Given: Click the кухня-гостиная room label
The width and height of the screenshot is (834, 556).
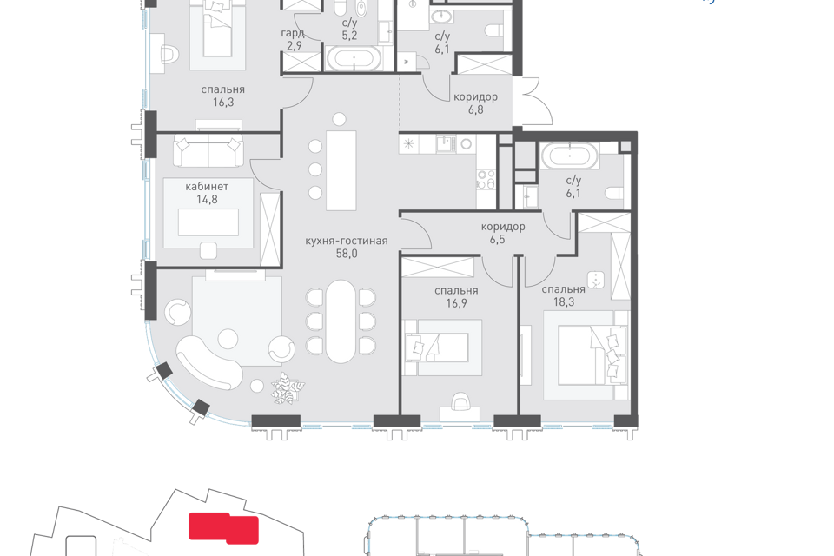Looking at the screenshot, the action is click(x=347, y=241).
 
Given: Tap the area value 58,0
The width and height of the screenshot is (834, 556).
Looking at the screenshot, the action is click(x=347, y=254).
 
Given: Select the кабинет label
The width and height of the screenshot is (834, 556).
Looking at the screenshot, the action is click(x=207, y=187).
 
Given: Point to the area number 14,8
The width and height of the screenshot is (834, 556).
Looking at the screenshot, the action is click(x=207, y=200).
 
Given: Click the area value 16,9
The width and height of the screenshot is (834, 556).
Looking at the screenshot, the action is click(x=456, y=303).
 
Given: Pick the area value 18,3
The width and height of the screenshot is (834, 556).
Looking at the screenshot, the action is click(x=563, y=301).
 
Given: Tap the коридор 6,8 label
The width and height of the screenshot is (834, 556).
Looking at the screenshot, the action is click(x=475, y=103).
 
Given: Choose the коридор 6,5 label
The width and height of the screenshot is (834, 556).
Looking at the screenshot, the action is click(x=503, y=233).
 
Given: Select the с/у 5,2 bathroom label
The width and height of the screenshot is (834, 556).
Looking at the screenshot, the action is click(x=349, y=30).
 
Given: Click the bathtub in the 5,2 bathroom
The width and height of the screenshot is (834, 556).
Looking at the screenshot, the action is click(x=354, y=58).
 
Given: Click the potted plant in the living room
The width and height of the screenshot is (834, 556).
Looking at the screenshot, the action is click(x=288, y=387).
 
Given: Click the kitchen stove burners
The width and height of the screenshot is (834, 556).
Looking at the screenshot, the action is click(x=486, y=179).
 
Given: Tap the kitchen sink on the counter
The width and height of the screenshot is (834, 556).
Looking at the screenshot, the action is click(x=446, y=143).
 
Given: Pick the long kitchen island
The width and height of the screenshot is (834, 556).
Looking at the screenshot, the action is click(x=341, y=170).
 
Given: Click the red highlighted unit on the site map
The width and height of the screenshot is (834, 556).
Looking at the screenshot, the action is click(x=224, y=528).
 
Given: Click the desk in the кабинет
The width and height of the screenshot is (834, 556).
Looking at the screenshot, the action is click(x=208, y=222).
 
